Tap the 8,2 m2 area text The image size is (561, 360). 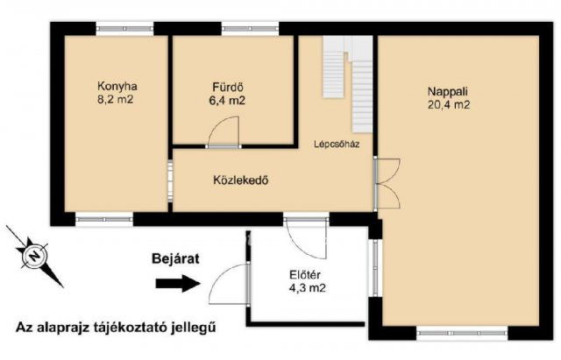tap(117, 100)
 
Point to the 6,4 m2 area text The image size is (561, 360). tap(226, 101)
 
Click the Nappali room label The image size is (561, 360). tap(447, 90)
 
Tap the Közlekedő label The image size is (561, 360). tap(239, 181)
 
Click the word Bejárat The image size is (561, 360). tap(169, 259)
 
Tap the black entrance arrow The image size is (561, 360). tap(178, 283)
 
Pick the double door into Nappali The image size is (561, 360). tap(387, 182)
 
